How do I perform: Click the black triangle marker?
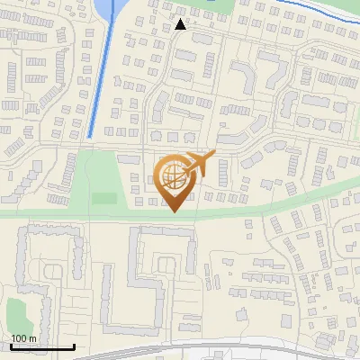(x=181, y=24)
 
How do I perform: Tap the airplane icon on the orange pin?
(x=199, y=165)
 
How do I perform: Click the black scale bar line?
(x=42, y=346)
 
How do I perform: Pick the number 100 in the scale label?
(x=19, y=338)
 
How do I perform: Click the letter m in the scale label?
(x=32, y=338)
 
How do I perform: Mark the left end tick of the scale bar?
(x=11, y=345)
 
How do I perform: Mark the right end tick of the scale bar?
(x=74, y=345)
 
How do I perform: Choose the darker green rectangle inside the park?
(x=104, y=198)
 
